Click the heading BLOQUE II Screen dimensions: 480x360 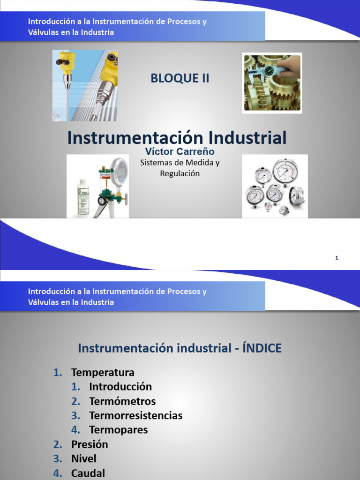click(x=180, y=79)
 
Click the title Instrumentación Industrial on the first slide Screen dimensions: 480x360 click(x=177, y=138)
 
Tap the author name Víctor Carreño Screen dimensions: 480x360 click(x=180, y=152)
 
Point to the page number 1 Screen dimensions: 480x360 click(x=337, y=258)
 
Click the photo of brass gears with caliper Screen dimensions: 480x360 click(x=272, y=83)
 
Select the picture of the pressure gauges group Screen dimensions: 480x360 click(x=275, y=187)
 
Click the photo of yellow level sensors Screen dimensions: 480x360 click(x=85, y=85)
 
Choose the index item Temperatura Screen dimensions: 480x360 click(x=103, y=372)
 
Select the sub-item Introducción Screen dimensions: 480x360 click(x=120, y=387)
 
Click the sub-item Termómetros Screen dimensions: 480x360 click(x=122, y=401)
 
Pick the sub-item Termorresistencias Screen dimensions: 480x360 click(x=135, y=415)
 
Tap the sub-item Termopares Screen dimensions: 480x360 click(x=118, y=430)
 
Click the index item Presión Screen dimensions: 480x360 click(x=90, y=444)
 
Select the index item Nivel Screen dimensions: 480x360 click(x=83, y=458)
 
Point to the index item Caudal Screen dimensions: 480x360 click(x=88, y=473)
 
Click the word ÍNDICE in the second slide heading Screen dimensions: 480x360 click(x=262, y=348)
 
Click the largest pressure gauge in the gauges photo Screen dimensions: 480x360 click(x=285, y=172)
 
